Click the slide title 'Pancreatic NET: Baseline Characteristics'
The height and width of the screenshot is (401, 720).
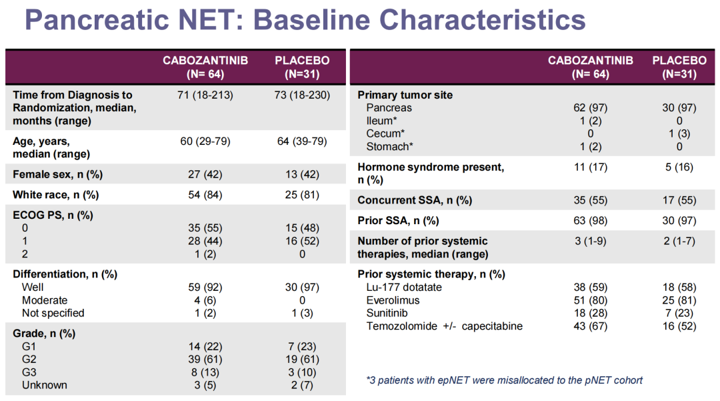click(305, 20)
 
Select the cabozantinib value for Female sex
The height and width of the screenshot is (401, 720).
click(205, 175)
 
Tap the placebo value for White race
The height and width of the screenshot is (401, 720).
click(302, 195)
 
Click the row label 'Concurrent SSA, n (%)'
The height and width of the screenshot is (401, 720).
click(415, 200)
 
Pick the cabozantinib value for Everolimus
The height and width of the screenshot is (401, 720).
click(590, 300)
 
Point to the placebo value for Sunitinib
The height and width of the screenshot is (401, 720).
click(679, 313)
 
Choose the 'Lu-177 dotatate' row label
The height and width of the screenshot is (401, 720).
click(404, 288)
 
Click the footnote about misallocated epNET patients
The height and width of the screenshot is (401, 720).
click(505, 380)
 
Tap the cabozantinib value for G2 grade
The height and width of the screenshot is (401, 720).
click(205, 359)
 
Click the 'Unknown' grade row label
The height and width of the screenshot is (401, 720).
click(44, 385)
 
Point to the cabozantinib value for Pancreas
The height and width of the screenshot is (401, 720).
click(590, 107)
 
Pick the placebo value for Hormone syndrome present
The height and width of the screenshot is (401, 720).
click(679, 167)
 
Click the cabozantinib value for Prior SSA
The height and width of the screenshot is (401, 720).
click(590, 220)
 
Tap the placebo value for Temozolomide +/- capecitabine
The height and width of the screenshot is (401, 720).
click(679, 326)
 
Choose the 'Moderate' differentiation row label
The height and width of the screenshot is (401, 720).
click(45, 300)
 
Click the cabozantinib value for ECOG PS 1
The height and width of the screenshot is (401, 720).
click(205, 241)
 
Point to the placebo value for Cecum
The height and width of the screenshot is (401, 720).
click(679, 133)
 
